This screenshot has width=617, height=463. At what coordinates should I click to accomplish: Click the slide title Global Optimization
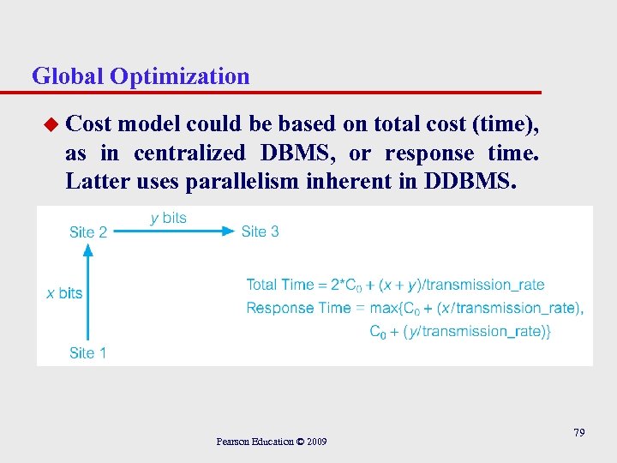click(x=141, y=76)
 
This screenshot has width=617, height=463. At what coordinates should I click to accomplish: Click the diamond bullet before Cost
click(x=51, y=125)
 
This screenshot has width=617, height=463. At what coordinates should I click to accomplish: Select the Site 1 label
click(x=88, y=352)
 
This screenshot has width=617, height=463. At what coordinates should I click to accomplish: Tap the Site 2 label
click(x=88, y=231)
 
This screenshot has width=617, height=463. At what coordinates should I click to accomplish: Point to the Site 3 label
click(x=260, y=231)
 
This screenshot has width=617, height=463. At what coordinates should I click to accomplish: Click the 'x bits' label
click(x=64, y=293)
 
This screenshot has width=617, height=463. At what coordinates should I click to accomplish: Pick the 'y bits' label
click(x=168, y=218)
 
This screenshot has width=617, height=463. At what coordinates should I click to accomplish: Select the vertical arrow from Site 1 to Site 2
click(x=87, y=292)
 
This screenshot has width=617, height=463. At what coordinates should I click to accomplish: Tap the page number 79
click(x=579, y=433)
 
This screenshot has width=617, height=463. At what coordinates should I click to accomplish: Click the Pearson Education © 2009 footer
click(x=271, y=442)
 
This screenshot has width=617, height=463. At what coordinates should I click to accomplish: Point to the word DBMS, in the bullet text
click(x=297, y=153)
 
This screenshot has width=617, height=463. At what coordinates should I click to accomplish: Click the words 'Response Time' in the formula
click(x=299, y=308)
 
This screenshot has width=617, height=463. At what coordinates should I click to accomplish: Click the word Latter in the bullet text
click(x=94, y=183)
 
